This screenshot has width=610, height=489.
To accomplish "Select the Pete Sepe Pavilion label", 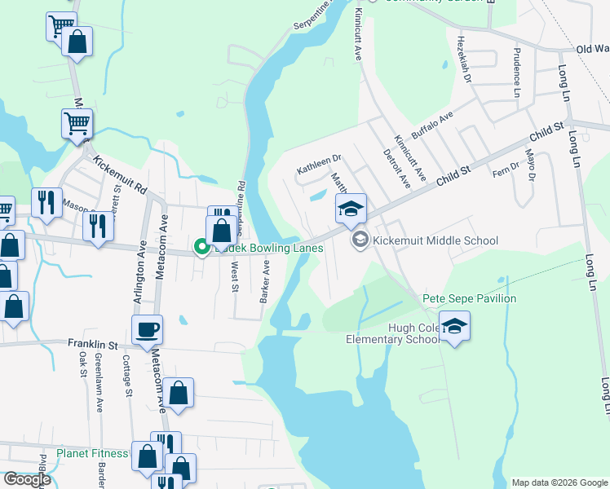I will (469, 299).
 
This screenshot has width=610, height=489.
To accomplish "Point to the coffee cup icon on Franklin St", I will (147, 330).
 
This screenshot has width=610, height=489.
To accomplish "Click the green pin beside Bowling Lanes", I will (201, 246).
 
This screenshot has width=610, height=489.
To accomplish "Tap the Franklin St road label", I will (93, 345).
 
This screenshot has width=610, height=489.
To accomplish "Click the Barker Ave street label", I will (264, 282).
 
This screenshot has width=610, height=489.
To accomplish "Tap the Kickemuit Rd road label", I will (119, 174).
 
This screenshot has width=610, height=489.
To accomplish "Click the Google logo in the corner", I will (27, 479).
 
